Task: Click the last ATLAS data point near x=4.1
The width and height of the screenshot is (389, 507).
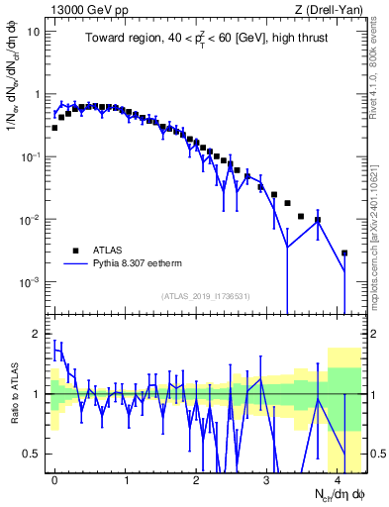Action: tap(344, 253)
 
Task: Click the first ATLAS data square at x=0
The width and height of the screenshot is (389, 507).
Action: tap(54, 128)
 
